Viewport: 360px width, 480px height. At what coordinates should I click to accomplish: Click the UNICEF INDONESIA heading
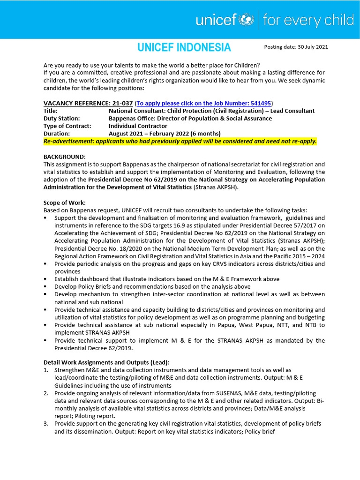[x=184, y=47]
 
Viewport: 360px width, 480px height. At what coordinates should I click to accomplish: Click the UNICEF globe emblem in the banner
[x=246, y=20]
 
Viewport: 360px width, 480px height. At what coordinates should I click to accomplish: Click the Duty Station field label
[x=62, y=119]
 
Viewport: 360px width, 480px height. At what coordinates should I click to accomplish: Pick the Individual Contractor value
[x=138, y=126]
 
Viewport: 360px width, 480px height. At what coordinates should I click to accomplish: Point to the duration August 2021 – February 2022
[x=158, y=134]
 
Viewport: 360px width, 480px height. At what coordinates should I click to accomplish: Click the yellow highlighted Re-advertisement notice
[x=180, y=141]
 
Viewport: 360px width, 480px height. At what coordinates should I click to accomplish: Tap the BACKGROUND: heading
[x=65, y=157]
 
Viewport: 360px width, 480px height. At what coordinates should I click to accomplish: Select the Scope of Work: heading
[x=65, y=202]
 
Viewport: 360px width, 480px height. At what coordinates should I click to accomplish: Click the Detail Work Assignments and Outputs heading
[x=106, y=362]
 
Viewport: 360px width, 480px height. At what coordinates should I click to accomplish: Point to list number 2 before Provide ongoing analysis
[x=46, y=393]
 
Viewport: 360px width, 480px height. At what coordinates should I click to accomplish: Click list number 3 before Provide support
[x=46, y=424]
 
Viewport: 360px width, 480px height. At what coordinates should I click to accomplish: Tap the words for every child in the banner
[x=308, y=20]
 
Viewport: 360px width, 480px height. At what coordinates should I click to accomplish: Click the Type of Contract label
[x=67, y=126]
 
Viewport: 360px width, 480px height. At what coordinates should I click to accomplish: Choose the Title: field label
[x=51, y=111]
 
